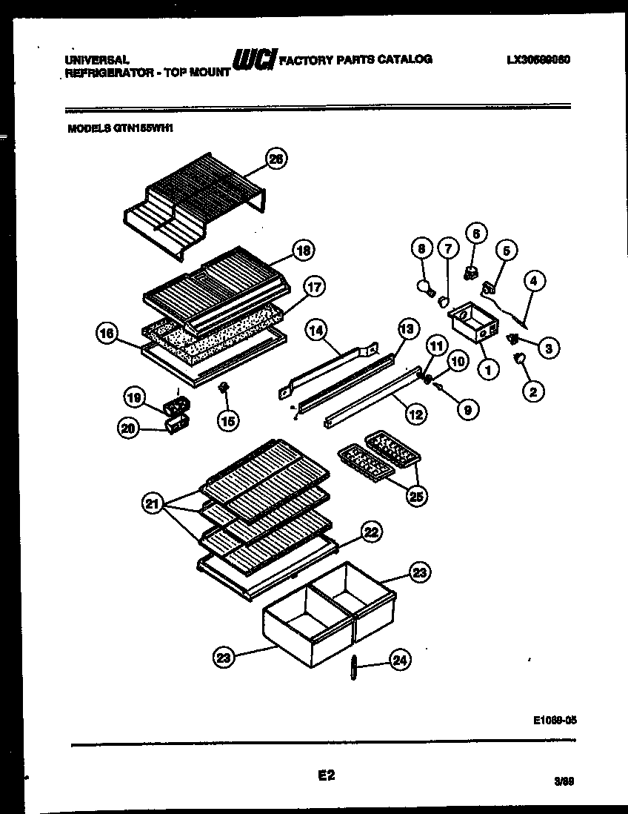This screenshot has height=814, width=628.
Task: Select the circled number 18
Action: tap(302, 250)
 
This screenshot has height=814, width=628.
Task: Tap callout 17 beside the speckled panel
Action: tap(314, 288)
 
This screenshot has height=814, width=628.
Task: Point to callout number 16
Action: tap(108, 334)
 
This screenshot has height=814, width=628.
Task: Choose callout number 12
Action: tap(415, 413)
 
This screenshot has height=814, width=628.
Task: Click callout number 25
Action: tap(415, 496)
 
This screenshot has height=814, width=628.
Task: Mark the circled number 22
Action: tap(370, 531)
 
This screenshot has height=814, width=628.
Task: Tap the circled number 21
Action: tap(153, 505)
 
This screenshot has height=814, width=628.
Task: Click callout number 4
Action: tap(533, 281)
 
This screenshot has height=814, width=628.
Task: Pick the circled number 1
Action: tap(487, 367)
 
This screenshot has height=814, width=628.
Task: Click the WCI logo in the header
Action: tap(254, 60)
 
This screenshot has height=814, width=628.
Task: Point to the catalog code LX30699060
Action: tap(538, 60)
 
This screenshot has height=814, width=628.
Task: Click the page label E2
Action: tap(327, 775)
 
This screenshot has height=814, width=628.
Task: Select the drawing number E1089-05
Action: tap(554, 718)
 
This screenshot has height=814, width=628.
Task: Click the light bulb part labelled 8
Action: tap(426, 286)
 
